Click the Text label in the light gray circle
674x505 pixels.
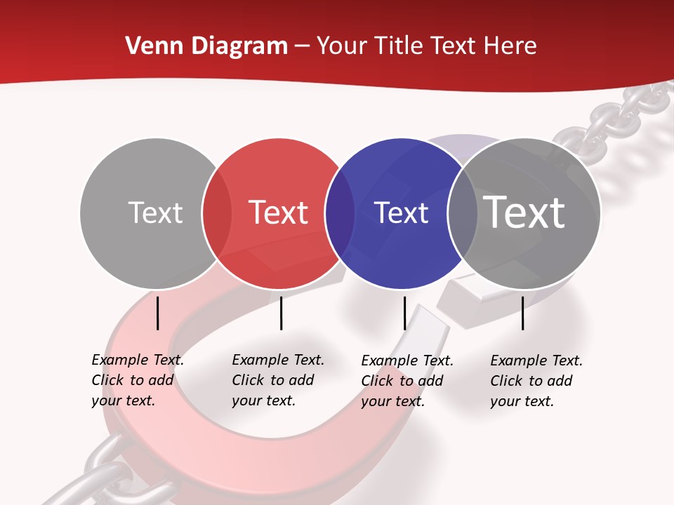point(155,213)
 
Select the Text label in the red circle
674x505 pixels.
point(278,213)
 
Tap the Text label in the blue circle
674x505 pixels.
point(401,213)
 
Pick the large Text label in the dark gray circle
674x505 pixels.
point(524,213)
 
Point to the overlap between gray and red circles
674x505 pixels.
point(217,213)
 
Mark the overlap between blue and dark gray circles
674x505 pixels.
point(463,213)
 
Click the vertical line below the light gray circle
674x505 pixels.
point(158,313)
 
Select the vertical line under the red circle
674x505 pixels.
point(281,313)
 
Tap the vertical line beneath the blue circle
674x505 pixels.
point(404,313)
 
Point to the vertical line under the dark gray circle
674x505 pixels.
point(522,313)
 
